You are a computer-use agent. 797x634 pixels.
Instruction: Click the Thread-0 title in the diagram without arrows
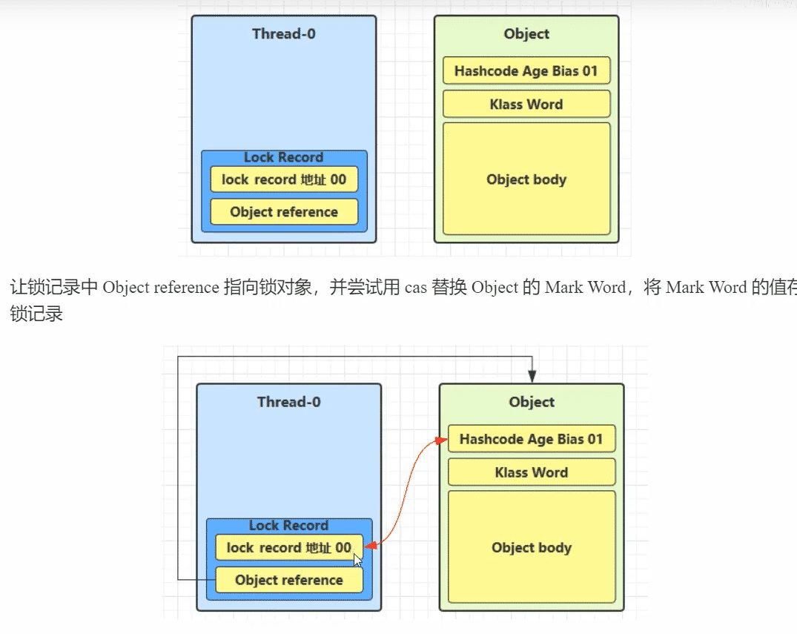coord(283,33)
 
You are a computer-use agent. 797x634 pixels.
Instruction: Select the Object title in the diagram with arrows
coord(532,402)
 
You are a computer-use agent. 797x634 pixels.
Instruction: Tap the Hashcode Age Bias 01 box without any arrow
coord(526,71)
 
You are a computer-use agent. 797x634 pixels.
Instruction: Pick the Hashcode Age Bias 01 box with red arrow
coord(532,439)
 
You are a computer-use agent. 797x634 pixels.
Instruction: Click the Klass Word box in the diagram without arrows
coord(526,105)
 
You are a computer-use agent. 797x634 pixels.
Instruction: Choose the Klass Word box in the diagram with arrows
coord(532,472)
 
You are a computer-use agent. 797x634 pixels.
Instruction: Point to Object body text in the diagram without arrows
coord(526,179)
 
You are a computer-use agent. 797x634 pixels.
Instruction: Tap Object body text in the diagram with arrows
coord(532,548)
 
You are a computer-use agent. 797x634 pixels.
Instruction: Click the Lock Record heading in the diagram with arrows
coord(288,525)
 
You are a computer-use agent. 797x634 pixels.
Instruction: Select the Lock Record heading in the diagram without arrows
coord(283,157)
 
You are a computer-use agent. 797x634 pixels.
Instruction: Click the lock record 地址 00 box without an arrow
coord(283,179)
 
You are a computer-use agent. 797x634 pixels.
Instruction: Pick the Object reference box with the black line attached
coord(289,580)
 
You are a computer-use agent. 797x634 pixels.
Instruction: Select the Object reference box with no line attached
coord(284,212)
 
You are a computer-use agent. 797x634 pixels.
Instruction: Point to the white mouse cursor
coord(358,560)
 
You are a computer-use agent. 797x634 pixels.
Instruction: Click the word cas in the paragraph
coord(416,288)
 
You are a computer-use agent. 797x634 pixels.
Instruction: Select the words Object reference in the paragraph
coord(161,288)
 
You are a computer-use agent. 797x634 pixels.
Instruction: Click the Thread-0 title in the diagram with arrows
coord(288,402)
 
